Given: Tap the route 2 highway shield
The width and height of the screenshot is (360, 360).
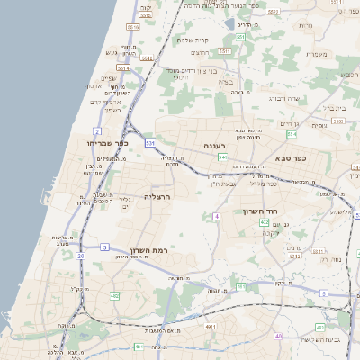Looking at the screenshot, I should click(97, 131).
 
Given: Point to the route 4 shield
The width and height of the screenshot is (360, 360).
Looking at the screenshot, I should click(217, 217).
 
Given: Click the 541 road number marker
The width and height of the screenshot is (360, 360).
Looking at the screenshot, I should click(221, 157).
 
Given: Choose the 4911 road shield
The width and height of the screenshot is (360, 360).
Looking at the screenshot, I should click(210, 328).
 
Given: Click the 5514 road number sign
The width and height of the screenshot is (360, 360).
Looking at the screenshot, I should click(123, 67).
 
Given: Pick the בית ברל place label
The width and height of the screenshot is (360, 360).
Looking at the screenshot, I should click(335, 106).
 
